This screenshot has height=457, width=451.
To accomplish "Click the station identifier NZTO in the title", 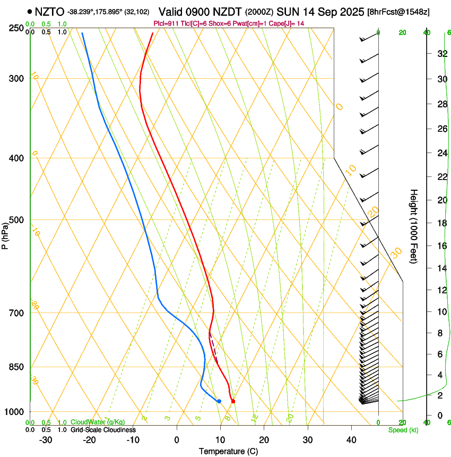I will pyautogui.click(x=50, y=12).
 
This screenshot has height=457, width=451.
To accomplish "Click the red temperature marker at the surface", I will pyautogui.click(x=233, y=401).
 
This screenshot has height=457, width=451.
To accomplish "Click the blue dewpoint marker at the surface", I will pyautogui.click(x=219, y=401).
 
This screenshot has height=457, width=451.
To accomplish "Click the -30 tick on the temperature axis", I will pyautogui.click(x=46, y=440).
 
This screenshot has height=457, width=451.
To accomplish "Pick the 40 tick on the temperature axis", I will pyautogui.click(x=351, y=440).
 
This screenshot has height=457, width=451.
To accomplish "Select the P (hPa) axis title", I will pyautogui.click(x=5, y=236).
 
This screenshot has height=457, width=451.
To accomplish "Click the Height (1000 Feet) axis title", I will pyautogui.click(x=414, y=226).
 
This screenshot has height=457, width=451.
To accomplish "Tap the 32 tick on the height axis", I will pyautogui.click(x=440, y=54).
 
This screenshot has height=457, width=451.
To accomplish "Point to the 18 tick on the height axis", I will pyautogui.click(x=440, y=223).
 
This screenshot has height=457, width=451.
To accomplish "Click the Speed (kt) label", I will pyautogui.click(x=403, y=430).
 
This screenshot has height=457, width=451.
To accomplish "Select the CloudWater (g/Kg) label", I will pyautogui.click(x=98, y=422).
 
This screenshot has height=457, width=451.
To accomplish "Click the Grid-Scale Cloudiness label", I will pyautogui.click(x=103, y=429).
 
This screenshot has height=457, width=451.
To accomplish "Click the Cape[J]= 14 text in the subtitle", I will pyautogui.click(x=290, y=23).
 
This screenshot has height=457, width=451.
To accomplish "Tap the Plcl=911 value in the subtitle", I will pyautogui.click(x=167, y=23).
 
